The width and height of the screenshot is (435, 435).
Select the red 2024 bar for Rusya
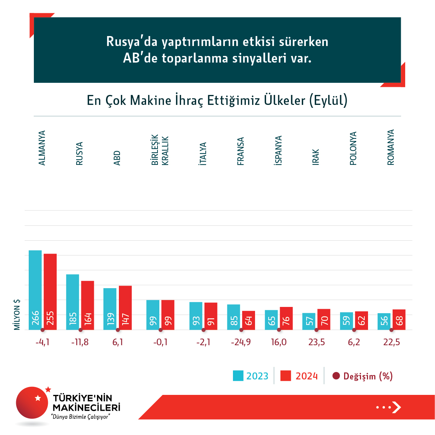click(88, 305)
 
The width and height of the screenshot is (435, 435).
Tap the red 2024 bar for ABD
click(125, 308)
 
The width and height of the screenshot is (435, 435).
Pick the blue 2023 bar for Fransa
click(233, 317)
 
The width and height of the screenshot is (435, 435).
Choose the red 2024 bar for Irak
click(324, 319)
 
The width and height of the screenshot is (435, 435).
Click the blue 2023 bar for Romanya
click(384, 321)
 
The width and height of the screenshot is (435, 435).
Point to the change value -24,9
click(241, 342)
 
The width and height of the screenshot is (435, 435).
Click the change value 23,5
click(316, 342)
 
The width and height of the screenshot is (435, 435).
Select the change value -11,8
click(80, 342)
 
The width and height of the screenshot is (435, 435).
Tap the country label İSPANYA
click(279, 150)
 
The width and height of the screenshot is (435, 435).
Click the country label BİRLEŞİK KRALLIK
click(160, 150)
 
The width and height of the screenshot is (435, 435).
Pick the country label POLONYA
click(353, 148)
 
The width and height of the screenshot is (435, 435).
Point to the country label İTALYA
click(203, 153)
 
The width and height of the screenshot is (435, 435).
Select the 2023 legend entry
click(251, 376)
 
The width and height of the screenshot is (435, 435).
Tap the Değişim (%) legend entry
click(362, 376)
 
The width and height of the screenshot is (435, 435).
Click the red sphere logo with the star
click(32, 403)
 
